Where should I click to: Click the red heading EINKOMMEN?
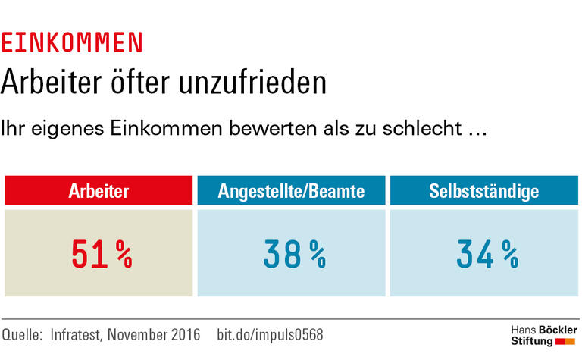click(72, 43)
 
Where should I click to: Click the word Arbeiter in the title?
click(51, 81)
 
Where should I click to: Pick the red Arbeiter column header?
click(99, 191)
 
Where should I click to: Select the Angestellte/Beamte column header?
click(291, 191)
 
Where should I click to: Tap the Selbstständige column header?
click(483, 191)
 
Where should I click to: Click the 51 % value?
click(101, 255)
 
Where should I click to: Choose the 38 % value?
click(294, 255)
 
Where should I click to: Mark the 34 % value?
click(487, 255)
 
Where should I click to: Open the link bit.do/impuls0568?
click(270, 334)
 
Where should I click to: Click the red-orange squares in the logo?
click(565, 342)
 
